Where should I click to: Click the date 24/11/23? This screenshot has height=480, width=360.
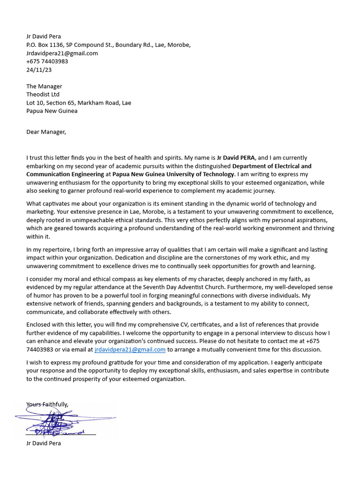tap(39, 70)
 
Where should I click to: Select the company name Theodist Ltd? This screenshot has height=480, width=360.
tap(43, 95)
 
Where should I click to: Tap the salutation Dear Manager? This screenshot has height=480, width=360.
tap(46, 132)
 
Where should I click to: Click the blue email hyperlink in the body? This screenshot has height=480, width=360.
tap(130, 350)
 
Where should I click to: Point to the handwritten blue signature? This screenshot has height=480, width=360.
tap(61, 420)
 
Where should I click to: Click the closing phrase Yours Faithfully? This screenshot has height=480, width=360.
tap(47, 404)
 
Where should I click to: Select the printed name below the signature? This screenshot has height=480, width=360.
tap(44, 443)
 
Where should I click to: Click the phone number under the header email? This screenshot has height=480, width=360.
tap(47, 61)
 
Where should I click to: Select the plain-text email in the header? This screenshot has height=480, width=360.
tap(62, 53)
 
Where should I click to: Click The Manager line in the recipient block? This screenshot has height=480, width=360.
tap(44, 86)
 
